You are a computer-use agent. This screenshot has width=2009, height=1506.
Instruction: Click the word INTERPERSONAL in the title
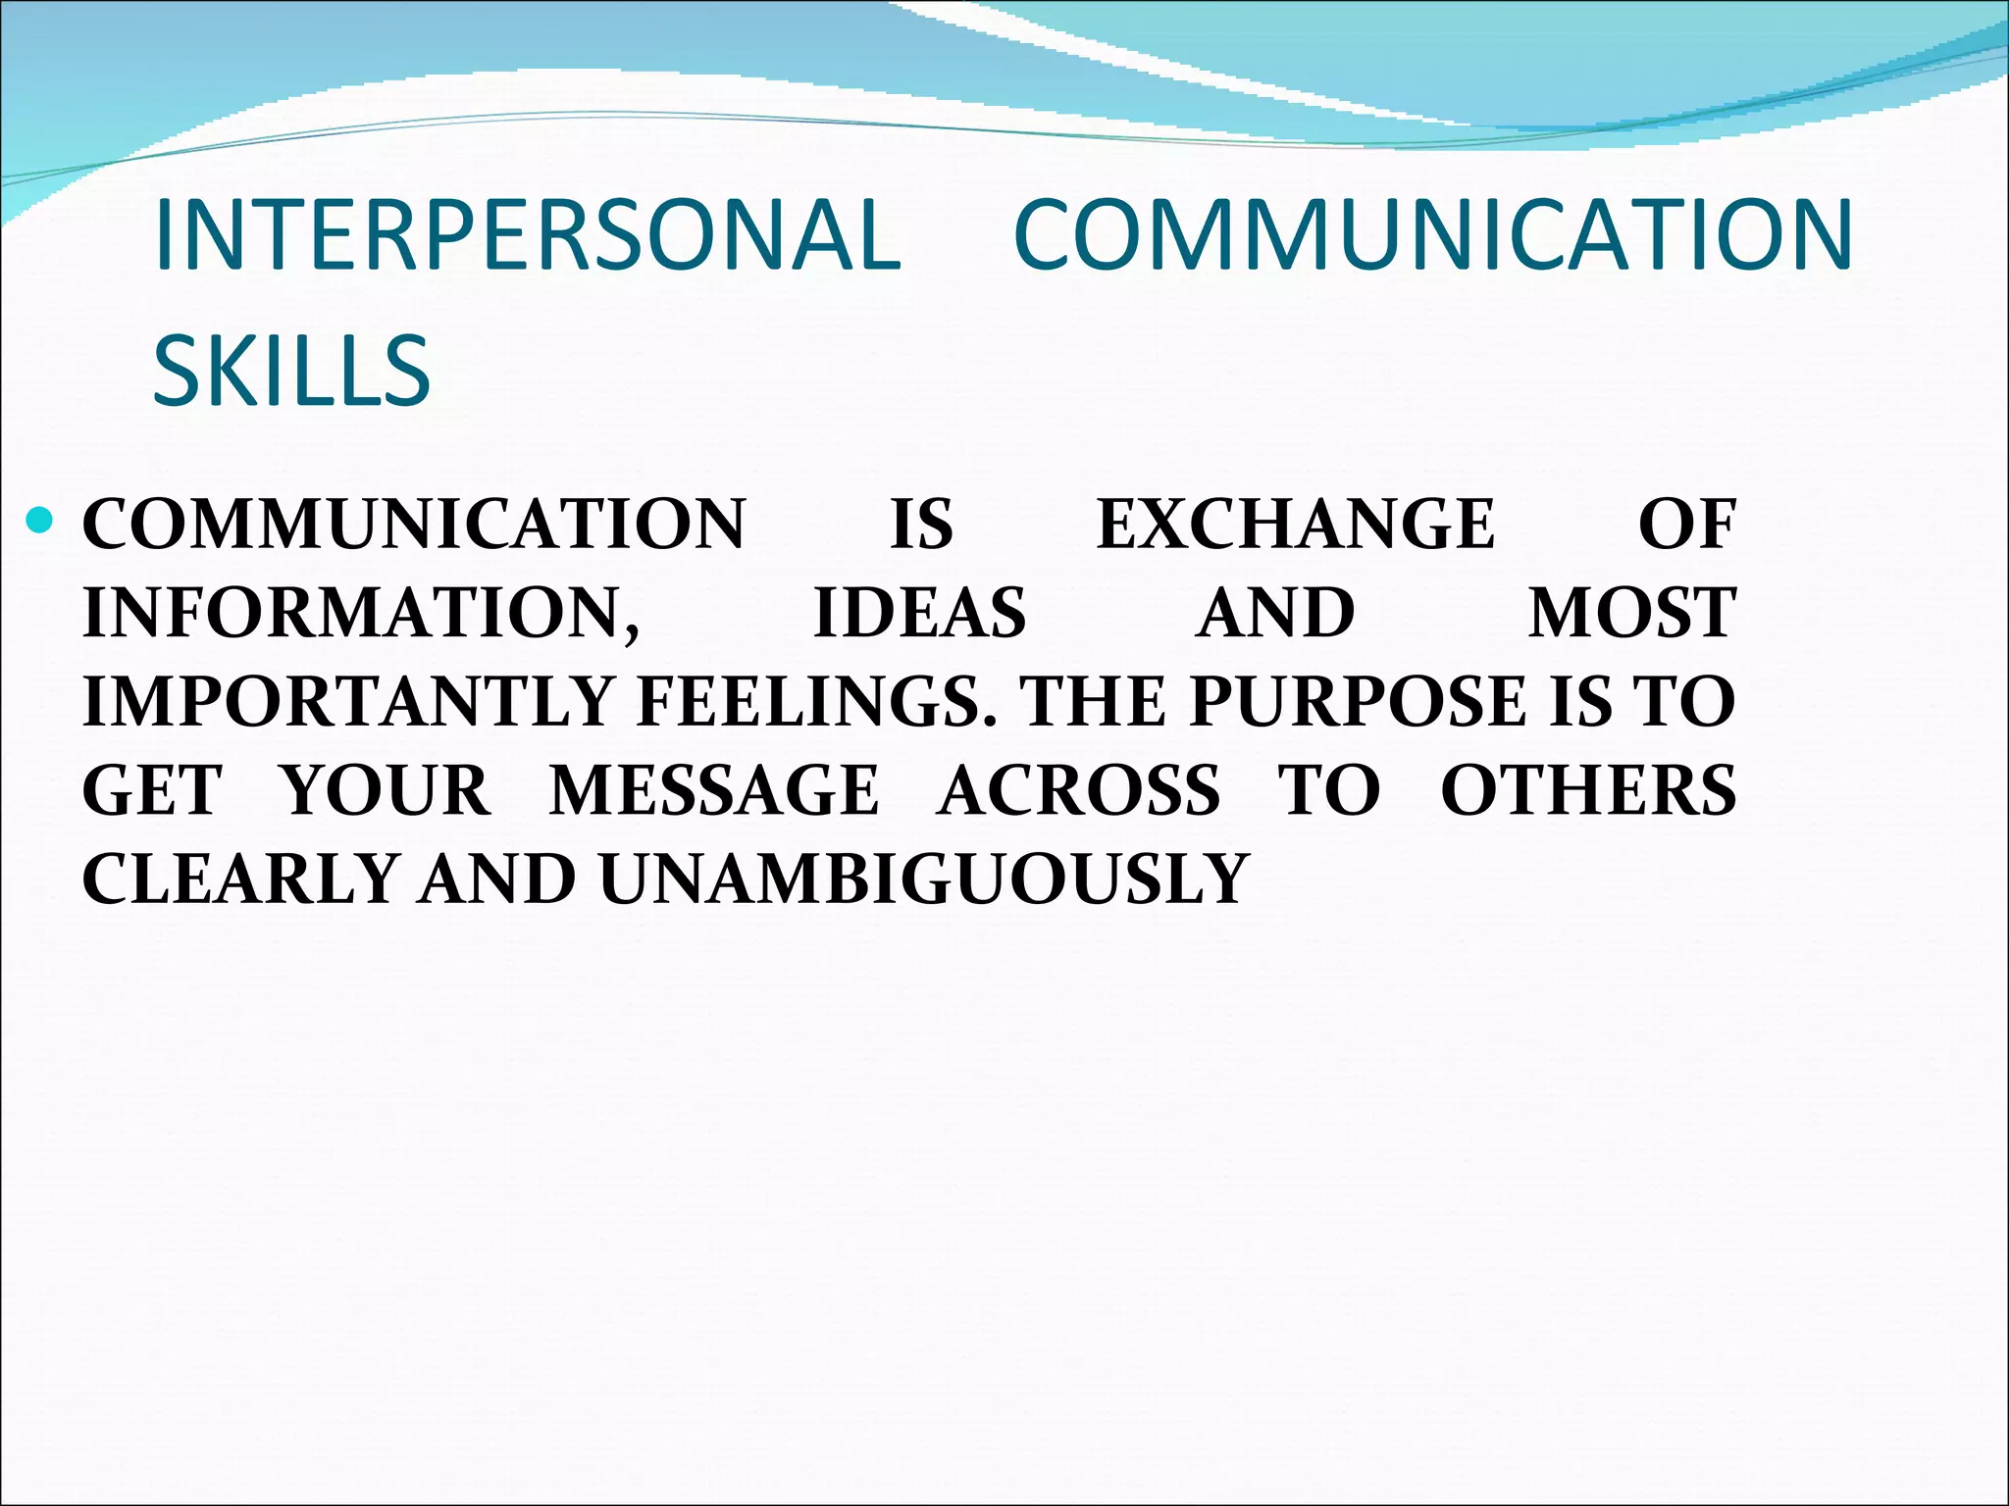527,235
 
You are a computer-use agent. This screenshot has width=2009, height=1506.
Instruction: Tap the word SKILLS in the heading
291,371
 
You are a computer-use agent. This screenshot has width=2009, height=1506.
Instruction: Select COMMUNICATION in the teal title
1432,235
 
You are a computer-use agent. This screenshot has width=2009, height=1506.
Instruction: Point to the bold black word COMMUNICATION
414,524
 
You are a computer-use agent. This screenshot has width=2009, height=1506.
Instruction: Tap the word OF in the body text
1686,524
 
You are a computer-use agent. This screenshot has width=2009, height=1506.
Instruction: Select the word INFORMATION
361,614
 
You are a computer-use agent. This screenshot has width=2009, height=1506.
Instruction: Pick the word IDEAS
919,614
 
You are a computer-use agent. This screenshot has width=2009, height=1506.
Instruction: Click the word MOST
1631,614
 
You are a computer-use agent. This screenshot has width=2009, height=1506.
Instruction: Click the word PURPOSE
1358,702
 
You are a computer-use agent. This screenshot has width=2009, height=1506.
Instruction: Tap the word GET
152,790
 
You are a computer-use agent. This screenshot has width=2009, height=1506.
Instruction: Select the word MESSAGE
713,790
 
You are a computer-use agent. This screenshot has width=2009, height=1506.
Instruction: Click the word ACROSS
1079,790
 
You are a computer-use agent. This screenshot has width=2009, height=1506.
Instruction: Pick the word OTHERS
1588,790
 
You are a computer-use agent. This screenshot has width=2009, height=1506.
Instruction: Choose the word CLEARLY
239,878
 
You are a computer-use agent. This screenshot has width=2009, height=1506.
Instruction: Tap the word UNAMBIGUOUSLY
923,878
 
